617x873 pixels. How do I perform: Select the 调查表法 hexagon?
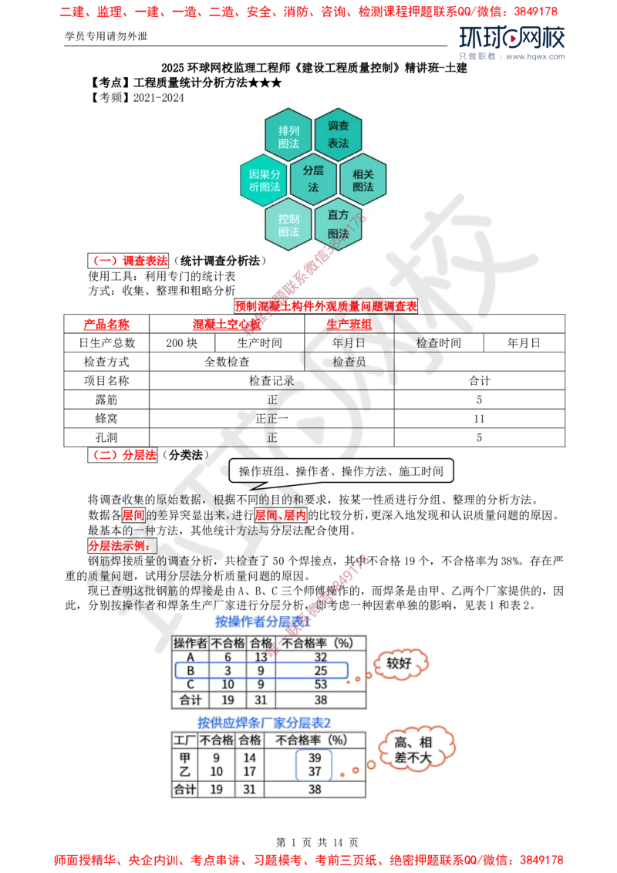(338, 134)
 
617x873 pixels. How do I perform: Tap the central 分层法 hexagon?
(313, 178)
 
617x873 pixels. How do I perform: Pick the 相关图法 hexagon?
(362, 180)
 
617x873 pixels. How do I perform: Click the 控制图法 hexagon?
(288, 224)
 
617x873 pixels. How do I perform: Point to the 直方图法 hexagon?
(338, 224)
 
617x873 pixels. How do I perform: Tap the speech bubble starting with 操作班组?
(341, 470)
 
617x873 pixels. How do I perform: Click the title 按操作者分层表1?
(264, 621)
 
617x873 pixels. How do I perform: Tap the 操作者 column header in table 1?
(190, 642)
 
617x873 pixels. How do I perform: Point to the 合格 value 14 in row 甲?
(248, 759)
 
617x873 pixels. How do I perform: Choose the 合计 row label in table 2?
(184, 790)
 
